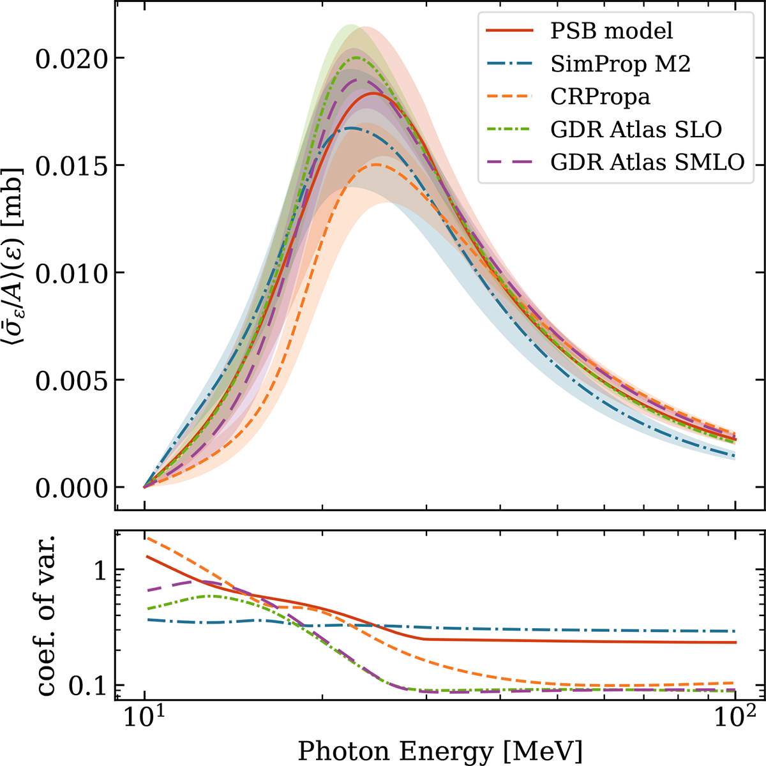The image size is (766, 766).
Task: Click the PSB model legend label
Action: click(x=612, y=30)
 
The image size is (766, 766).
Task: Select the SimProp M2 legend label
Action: click(x=620, y=63)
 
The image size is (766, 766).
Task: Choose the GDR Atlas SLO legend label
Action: click(x=636, y=130)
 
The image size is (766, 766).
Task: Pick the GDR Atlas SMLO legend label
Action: click(x=648, y=163)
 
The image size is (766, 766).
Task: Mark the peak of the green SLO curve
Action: click(x=357, y=58)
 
